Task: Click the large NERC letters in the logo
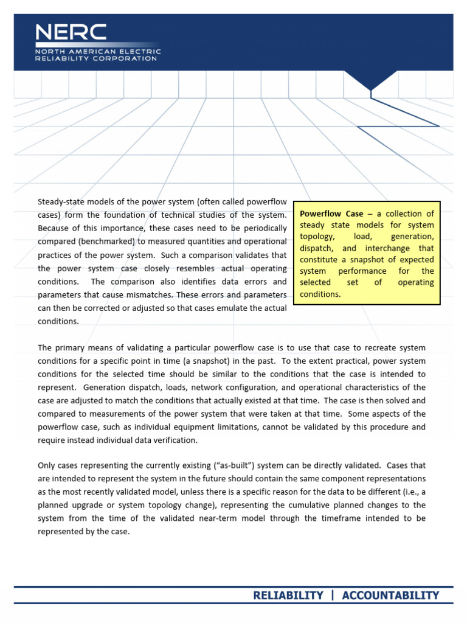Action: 71,33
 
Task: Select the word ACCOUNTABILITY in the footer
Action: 390,595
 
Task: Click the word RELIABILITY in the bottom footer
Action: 288,595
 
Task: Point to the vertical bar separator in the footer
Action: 333,595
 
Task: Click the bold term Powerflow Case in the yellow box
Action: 331,214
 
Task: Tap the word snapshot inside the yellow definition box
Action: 373,260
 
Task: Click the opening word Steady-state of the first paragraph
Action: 61,201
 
